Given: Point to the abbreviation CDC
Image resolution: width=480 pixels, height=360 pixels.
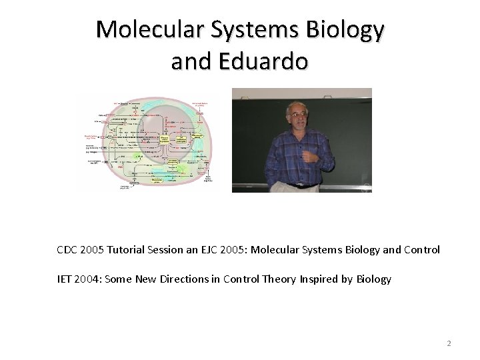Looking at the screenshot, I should tap(68, 250).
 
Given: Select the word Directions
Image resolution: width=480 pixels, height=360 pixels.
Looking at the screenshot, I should tap(200, 279).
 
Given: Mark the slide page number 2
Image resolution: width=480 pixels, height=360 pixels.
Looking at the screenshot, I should tap(449, 344).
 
